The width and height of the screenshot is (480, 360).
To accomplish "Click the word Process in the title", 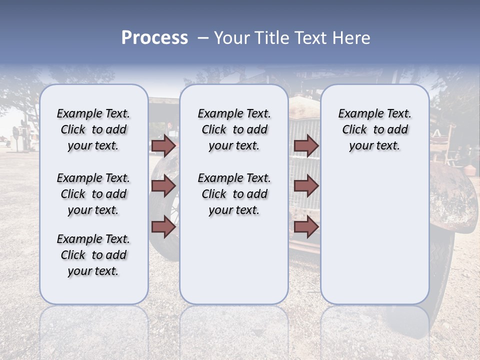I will (154, 38).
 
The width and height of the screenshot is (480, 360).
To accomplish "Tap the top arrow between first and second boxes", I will (163, 145).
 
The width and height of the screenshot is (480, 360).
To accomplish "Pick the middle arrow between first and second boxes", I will (163, 186).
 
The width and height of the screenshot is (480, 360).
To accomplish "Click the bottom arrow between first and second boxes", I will (163, 226).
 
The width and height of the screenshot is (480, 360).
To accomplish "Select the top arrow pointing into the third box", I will (306, 145).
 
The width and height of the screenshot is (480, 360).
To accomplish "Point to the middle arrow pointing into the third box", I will (306, 186).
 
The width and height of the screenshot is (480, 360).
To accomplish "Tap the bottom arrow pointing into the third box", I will (306, 226).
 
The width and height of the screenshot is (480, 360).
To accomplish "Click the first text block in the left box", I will (93, 129).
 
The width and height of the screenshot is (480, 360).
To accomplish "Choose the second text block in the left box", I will (93, 194).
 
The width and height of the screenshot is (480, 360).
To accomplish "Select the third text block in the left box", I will (93, 255).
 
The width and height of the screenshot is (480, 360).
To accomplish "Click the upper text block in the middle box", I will (234, 129).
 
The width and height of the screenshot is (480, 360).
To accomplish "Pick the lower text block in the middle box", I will (234, 194).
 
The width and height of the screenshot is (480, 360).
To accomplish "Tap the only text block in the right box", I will (374, 129).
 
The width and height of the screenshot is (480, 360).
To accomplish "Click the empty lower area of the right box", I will (374, 235).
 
